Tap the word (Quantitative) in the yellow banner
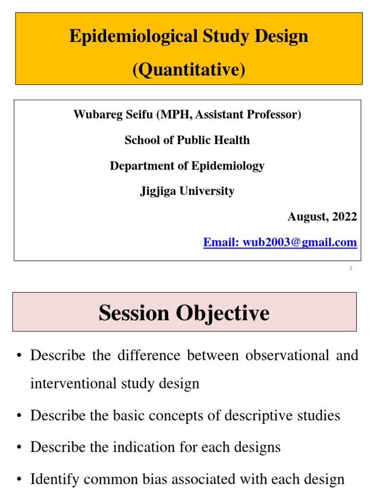coord(188,70)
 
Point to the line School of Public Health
coord(187,140)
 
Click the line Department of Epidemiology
coord(187,166)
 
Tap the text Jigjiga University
coord(187,191)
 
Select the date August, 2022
coord(322,216)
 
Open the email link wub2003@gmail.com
coord(280,242)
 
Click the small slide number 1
coord(351,269)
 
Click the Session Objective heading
coord(184,312)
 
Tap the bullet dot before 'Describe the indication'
coord(18,448)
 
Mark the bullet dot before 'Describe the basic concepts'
coord(18,416)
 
